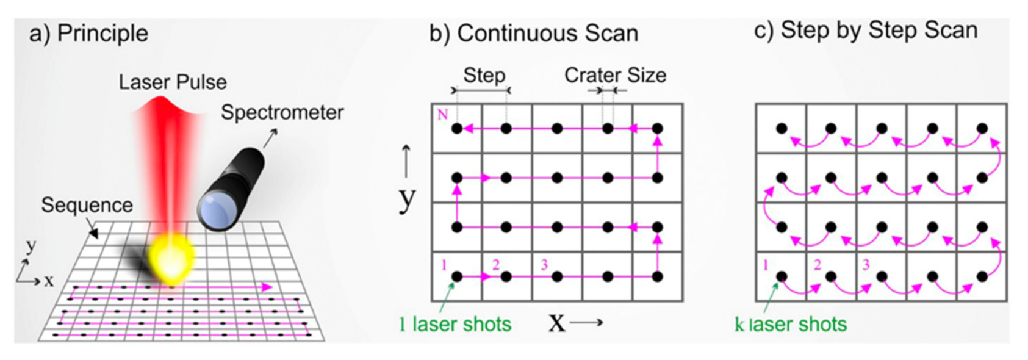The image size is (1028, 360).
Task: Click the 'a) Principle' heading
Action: (88, 34)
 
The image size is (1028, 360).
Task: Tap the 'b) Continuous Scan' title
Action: (534, 34)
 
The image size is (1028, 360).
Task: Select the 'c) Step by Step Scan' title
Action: (866, 30)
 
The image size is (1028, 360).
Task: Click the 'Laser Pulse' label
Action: (173, 82)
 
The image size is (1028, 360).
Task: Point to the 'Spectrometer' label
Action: (282, 112)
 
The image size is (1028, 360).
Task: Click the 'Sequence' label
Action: (87, 205)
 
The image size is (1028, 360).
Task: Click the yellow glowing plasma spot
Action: (173, 256)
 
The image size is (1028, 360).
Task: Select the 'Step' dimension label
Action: (484, 75)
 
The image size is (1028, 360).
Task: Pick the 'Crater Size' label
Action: (615, 75)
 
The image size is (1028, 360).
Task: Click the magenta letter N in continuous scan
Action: (442, 114)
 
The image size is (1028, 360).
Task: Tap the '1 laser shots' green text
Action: (455, 324)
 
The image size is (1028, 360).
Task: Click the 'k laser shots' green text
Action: (791, 324)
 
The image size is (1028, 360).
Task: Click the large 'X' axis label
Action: (556, 323)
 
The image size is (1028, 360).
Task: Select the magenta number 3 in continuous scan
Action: (544, 265)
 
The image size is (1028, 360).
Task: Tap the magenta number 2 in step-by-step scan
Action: (818, 265)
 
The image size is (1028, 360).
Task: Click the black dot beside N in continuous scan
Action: (457, 129)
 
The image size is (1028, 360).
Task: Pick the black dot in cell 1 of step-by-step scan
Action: (782, 276)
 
